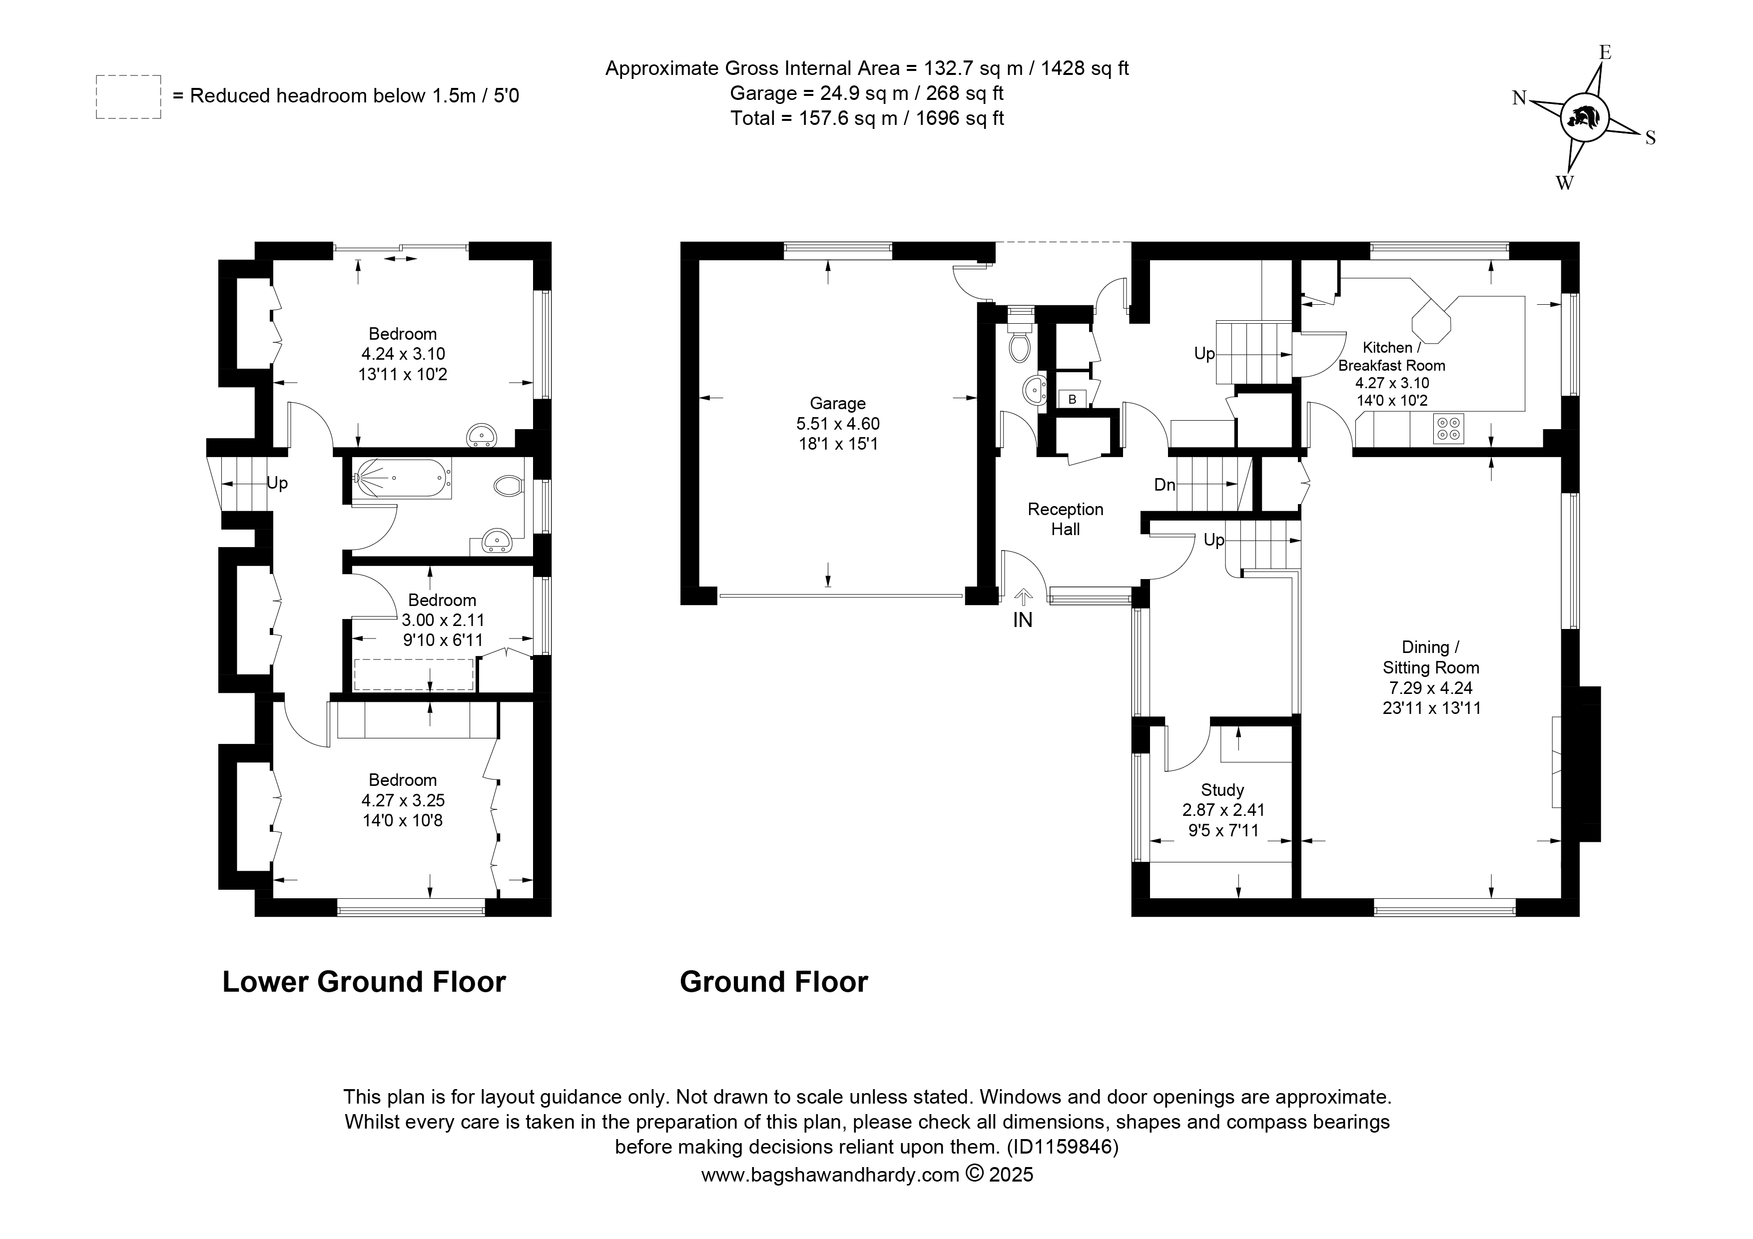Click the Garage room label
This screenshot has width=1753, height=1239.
(838, 403)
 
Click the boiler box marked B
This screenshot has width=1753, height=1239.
(1072, 399)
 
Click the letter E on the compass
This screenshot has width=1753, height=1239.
(1606, 52)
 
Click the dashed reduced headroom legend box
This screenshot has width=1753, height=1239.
(128, 97)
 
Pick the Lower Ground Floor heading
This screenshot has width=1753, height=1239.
(364, 982)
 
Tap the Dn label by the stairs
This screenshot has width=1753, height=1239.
(1165, 485)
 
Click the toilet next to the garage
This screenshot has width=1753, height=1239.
(1019, 341)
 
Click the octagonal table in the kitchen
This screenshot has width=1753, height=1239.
(1432, 319)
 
